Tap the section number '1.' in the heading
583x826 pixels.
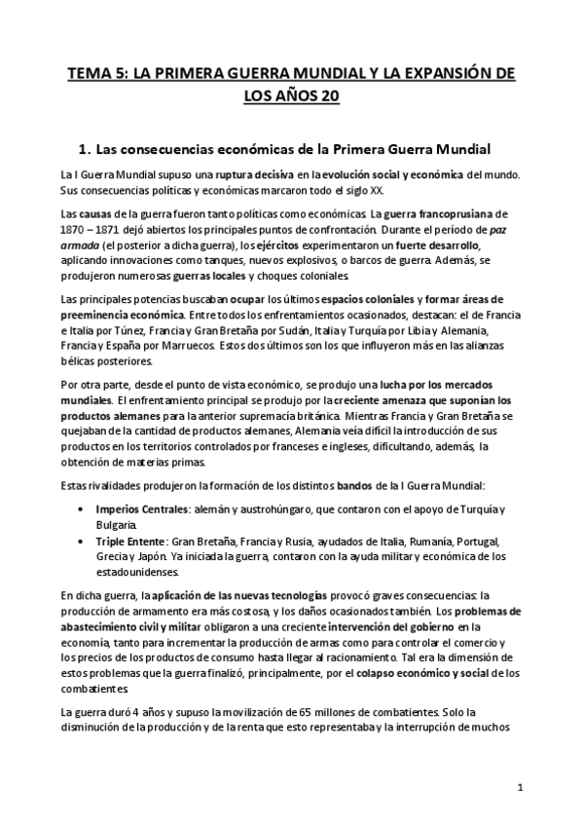[x=84, y=149]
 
